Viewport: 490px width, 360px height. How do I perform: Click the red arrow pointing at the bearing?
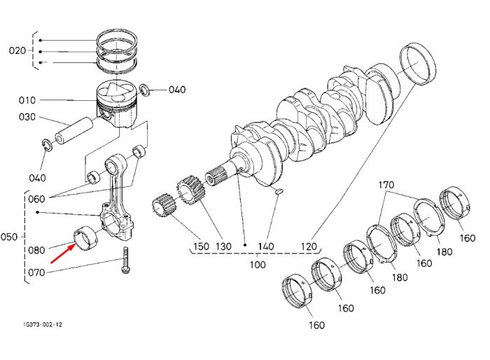click(63, 254)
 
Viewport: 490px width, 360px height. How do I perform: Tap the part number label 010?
click(27, 100)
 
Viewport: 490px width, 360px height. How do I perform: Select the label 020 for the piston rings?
click(17, 50)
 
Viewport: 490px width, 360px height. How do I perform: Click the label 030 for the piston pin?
click(27, 117)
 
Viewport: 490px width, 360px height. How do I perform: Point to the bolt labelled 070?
click(126, 261)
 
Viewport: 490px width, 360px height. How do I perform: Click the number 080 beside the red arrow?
click(36, 250)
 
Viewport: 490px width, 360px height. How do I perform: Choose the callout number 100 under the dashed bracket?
click(258, 265)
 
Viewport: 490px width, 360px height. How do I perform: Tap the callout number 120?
click(309, 247)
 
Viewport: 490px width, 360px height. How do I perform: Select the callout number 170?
click(386, 185)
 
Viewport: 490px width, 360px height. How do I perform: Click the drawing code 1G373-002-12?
click(43, 325)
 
